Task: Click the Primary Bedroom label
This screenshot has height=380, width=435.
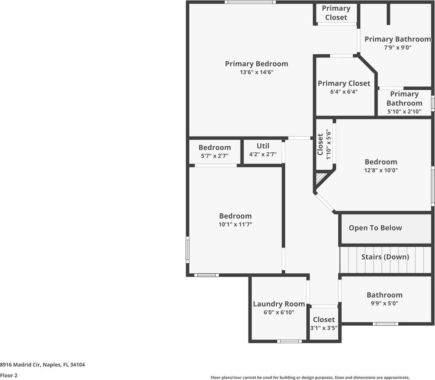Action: coord(256,64)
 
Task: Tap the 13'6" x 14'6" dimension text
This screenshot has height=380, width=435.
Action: coord(256,72)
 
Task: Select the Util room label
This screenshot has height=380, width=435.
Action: coord(263,146)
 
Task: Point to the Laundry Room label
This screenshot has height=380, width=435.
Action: coord(279,304)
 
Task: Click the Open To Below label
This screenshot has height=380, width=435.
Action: coord(375,228)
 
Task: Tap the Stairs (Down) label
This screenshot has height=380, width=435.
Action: coord(385,257)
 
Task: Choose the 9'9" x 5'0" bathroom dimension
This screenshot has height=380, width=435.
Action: coord(384,303)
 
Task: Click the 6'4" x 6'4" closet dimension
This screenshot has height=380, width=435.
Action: coord(343,92)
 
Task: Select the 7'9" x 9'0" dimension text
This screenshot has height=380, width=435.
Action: coord(398,47)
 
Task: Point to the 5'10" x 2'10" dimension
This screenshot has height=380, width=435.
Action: coord(404,111)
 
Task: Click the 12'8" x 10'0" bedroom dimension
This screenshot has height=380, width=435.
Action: coord(381,170)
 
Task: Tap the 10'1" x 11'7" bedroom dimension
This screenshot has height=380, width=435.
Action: coord(235,225)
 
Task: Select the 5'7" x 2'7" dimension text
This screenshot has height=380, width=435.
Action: coord(214,156)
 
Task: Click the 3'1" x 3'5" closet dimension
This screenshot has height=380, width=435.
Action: coord(324,328)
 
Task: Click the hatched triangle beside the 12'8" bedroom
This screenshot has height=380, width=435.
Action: coord(320,178)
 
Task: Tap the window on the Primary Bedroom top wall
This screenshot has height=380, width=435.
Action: coord(250,2)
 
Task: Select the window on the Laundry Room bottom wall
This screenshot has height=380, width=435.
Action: coord(289,341)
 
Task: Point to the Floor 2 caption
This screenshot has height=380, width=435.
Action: coord(9,375)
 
